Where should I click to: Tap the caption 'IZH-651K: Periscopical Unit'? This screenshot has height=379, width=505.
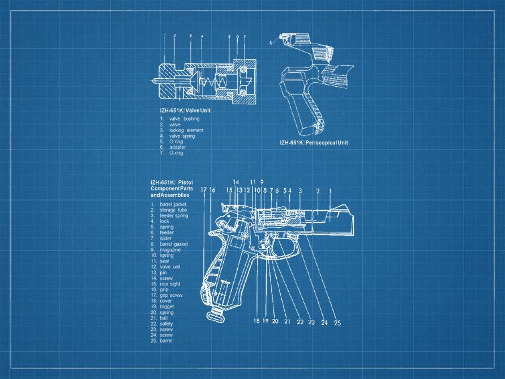(x=314, y=143)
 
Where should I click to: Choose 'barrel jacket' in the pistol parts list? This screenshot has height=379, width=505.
(x=173, y=204)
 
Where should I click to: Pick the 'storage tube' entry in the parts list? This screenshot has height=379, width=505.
(x=173, y=210)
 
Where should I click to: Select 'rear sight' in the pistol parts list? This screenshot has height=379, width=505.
(x=170, y=284)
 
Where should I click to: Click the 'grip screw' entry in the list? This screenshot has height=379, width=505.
(x=171, y=295)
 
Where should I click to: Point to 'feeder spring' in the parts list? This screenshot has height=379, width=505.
(x=174, y=216)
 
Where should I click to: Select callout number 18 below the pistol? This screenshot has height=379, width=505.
(x=256, y=321)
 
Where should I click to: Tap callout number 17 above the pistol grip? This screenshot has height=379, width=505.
(x=204, y=190)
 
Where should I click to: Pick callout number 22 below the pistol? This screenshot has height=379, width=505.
(x=300, y=322)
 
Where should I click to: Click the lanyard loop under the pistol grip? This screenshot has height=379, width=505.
(x=215, y=314)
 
